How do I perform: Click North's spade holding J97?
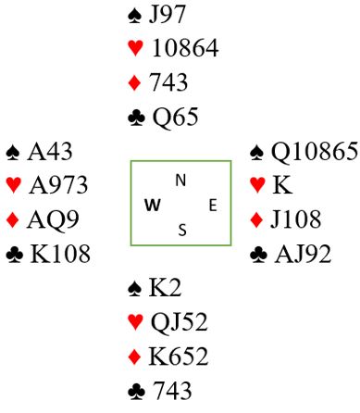coord(167,14)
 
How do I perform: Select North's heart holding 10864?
coord(185,48)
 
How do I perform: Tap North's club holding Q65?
coord(175,117)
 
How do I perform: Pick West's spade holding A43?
coord(50,152)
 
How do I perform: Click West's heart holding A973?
coord(58,185)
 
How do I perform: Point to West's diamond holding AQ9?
coord(53,219)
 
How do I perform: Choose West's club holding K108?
coord(60,254)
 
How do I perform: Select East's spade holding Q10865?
coord(315,152)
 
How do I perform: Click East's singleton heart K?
coord(282,185)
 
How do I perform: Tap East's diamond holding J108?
coord(295,219)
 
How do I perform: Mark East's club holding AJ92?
coord(303,254)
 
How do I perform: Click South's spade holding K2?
coord(165,288)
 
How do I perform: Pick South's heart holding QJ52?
coord(179,322)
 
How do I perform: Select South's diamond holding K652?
coord(179,357)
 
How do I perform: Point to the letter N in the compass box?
coord(180,181)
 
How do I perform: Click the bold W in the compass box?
coord(153,205)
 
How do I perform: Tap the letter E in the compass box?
coord(213,206)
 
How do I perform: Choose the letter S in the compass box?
coord(182,230)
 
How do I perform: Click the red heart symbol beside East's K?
coord(257,184)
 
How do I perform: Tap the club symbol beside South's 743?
coord(136,392)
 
